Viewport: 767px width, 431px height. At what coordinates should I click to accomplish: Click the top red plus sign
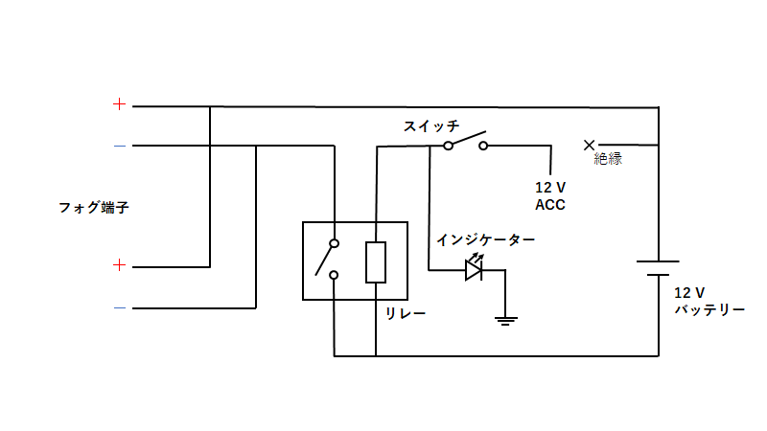119,104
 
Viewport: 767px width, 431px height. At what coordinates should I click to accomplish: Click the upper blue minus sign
120,146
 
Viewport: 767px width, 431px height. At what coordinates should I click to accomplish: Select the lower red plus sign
119,265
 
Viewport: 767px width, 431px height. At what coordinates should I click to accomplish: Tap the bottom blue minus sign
120,307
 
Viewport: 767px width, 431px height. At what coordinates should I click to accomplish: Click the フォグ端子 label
94,208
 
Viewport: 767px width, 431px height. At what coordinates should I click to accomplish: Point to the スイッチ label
431,126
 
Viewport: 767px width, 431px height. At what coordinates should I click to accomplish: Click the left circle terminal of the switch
448,146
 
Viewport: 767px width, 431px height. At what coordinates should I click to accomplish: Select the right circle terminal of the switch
483,146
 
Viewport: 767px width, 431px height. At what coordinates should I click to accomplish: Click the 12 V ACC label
550,196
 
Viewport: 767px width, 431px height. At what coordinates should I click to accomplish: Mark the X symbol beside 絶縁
589,146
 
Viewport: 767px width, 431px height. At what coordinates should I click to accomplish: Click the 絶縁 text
608,159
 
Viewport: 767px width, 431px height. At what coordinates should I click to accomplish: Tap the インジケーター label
486,240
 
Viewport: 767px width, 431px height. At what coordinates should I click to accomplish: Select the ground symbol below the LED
506,321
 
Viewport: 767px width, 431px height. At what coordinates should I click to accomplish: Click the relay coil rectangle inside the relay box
376,261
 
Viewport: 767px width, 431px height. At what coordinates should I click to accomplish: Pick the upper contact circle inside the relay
334,243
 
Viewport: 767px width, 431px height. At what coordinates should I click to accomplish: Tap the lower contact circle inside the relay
334,275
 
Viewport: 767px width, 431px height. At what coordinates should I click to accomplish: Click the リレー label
406,313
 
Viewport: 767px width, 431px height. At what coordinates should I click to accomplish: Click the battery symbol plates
658,268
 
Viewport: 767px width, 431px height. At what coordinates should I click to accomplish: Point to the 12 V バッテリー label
709,301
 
